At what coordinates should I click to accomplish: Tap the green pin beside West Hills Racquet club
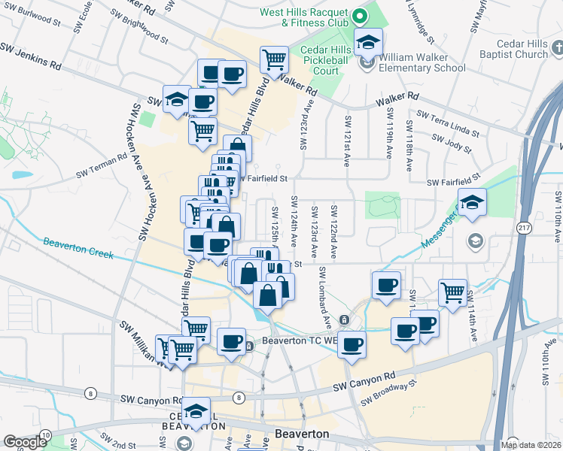(360, 14)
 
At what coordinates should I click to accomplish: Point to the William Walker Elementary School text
(422, 62)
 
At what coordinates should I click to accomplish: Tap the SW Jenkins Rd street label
(30, 56)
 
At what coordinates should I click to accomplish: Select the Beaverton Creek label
(78, 248)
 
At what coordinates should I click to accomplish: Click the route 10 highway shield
(45, 435)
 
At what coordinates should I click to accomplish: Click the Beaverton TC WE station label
(296, 341)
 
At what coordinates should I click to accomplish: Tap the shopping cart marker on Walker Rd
(275, 58)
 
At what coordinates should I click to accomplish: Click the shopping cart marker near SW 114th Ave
(452, 292)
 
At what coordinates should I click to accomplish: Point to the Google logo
(25, 441)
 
